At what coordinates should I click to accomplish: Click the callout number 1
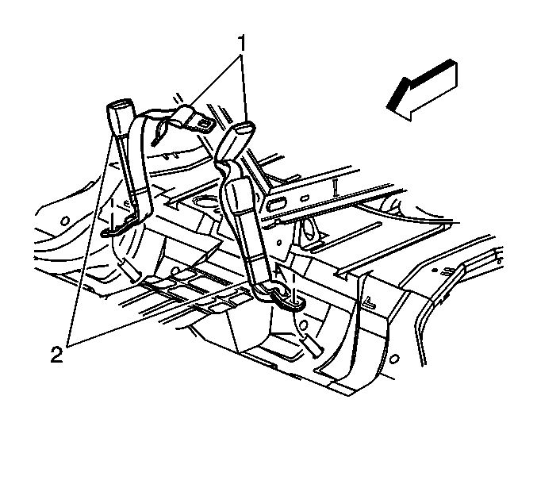click(x=242, y=43)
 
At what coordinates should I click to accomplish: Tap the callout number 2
click(x=57, y=355)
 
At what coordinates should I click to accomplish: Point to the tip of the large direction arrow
click(x=388, y=107)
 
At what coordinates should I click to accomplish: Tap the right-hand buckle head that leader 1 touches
click(x=236, y=140)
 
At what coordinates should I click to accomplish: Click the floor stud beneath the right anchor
click(x=311, y=345)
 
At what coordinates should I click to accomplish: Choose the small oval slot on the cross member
click(x=305, y=198)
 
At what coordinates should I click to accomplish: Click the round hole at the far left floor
click(x=65, y=221)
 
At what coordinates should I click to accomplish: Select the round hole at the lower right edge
click(x=394, y=359)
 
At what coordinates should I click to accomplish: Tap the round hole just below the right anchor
click(x=304, y=325)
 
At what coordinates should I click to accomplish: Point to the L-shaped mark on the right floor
click(x=370, y=302)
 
